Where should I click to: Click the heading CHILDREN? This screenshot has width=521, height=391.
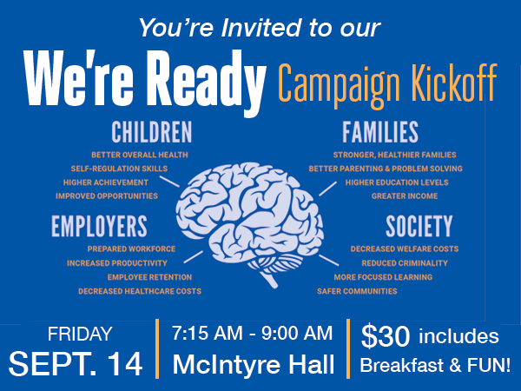coord(151,132)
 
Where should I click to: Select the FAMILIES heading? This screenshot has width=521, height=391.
coord(380,132)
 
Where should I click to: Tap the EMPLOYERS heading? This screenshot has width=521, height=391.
coord(99,226)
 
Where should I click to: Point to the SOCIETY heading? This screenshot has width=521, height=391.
coord(419,226)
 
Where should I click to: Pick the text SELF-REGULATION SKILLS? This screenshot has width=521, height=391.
coord(119,169)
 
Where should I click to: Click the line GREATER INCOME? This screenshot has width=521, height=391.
coord(405,196)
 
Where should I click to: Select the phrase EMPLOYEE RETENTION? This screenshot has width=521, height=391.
coord(149,277)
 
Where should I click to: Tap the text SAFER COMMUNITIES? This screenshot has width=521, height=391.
coord(357,291)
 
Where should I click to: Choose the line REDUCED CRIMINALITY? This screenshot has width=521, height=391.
coord(405,263)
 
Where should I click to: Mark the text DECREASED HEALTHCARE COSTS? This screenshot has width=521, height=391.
coord(140,291)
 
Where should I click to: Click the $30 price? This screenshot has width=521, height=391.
coord(386,336)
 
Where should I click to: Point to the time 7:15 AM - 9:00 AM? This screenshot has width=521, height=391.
coord(252,333)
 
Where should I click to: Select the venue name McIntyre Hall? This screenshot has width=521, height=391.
coord(254,365)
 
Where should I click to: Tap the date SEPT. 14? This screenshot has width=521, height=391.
coord(76,364)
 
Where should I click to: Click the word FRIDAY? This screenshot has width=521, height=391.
coord(80,334)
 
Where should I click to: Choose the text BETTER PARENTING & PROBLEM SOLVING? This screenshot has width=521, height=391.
coord(386,169)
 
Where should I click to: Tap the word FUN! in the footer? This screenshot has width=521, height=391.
coord(489,365)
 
